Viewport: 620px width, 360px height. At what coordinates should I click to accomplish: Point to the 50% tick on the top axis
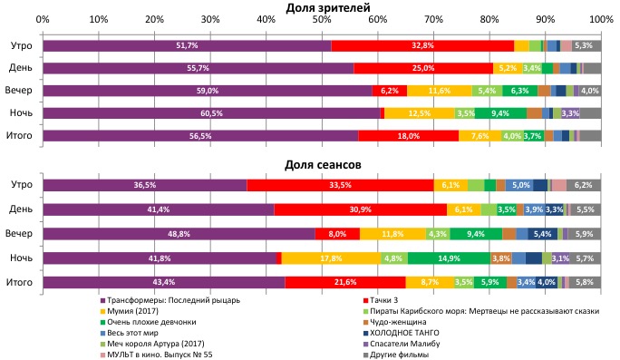[322, 19]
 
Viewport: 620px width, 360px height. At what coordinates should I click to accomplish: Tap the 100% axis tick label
[600, 19]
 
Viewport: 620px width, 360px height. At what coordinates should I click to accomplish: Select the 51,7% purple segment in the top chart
[187, 45]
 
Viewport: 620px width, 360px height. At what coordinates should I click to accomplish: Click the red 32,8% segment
[422, 45]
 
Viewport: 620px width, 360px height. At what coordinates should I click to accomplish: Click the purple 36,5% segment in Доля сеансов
[144, 185]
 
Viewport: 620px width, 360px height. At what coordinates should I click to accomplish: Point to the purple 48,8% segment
[179, 234]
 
